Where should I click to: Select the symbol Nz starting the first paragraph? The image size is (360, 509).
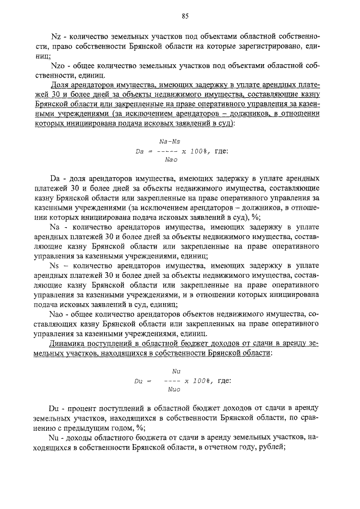click(55, 37)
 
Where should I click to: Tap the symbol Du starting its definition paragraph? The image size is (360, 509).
click(55, 407)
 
